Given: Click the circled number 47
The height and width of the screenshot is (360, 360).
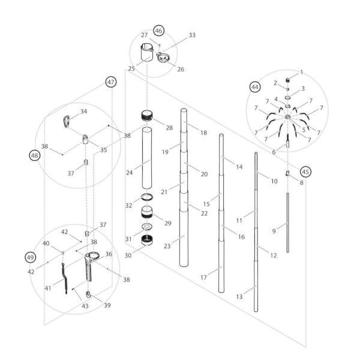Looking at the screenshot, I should [110, 82].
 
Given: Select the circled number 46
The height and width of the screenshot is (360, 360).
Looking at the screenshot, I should [158, 31].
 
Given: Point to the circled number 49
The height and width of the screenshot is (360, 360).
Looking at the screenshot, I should [31, 257].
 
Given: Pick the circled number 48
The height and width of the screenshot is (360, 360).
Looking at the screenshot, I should [34, 155].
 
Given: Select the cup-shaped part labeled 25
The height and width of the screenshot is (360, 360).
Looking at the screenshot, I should [147, 54].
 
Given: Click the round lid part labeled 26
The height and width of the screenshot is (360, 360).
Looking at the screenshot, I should [164, 57].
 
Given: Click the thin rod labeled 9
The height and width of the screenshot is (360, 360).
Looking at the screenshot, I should [287, 223].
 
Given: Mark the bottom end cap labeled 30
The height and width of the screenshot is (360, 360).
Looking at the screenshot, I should [148, 241].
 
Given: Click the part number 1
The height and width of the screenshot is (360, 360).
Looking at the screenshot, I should [301, 72].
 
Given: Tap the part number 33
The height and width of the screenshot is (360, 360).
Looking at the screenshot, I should [191, 35].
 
